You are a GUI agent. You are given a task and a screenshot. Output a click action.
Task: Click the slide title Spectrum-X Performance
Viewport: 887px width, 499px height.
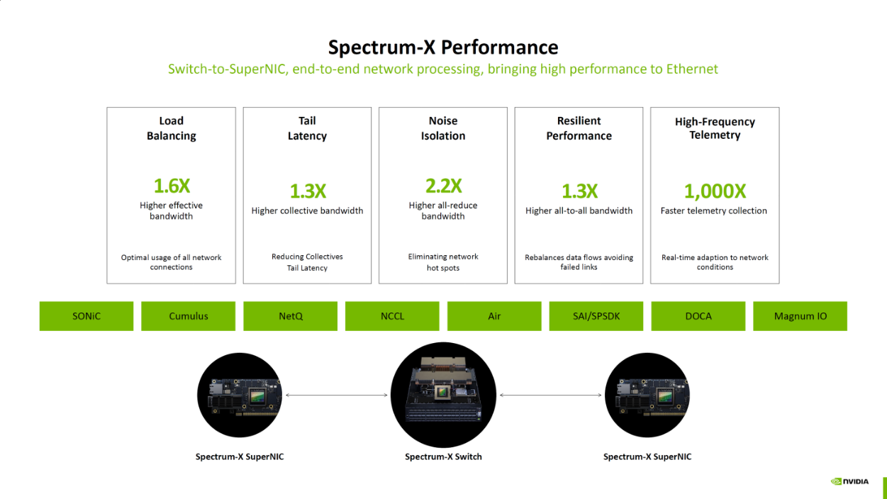click(443, 47)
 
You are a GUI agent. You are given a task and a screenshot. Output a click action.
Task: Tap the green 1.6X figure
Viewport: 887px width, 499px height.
click(172, 186)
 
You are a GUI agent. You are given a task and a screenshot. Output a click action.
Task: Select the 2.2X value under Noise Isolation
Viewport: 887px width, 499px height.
click(444, 186)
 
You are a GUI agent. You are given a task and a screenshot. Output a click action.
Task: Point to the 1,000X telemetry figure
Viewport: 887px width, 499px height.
click(715, 191)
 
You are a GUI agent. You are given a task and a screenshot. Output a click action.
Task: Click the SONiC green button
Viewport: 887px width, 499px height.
click(87, 316)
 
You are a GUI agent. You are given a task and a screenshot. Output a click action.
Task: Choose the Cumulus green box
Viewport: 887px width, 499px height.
click(188, 316)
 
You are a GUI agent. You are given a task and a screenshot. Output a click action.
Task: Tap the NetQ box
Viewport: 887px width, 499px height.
click(290, 316)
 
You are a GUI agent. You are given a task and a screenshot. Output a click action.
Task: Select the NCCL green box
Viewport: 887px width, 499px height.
click(392, 316)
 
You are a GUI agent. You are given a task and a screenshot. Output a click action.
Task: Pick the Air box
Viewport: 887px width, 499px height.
click(494, 316)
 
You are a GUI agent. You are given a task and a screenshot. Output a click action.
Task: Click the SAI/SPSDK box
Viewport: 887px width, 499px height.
click(596, 316)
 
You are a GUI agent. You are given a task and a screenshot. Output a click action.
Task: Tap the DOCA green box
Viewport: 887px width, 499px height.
click(698, 316)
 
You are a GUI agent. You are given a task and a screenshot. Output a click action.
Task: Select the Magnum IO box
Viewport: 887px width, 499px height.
click(800, 316)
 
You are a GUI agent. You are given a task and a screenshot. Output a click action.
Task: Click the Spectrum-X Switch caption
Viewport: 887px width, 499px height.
click(443, 456)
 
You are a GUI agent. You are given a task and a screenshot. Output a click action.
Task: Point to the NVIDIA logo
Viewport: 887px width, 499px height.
click(849, 481)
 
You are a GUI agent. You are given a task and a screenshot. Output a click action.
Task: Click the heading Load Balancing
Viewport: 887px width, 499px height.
click(172, 128)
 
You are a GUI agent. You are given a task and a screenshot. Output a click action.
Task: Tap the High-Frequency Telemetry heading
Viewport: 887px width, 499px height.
click(715, 128)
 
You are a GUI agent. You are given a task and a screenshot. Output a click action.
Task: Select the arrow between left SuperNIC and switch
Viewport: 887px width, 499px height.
click(337, 395)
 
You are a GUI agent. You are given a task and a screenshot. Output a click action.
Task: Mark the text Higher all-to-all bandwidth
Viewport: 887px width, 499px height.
click(579, 211)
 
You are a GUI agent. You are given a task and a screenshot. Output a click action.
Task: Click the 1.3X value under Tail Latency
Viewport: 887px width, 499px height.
click(308, 191)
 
